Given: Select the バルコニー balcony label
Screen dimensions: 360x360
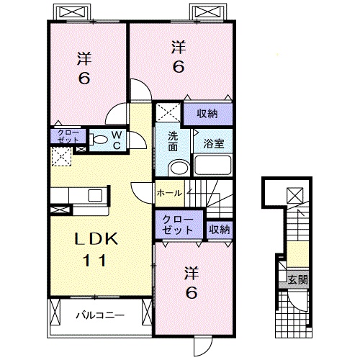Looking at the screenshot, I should pos(100,315).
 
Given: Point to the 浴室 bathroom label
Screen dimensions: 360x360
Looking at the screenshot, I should pos(212,143).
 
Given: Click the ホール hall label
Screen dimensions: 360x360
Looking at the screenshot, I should pos(169,193).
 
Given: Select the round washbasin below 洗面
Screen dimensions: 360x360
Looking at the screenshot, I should pos(177,168).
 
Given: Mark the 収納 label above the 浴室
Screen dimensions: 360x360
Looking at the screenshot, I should pos(208,113).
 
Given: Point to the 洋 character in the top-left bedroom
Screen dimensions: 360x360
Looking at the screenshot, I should pos(84,58).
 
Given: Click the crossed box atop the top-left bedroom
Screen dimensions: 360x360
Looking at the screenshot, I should pos(68,12).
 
